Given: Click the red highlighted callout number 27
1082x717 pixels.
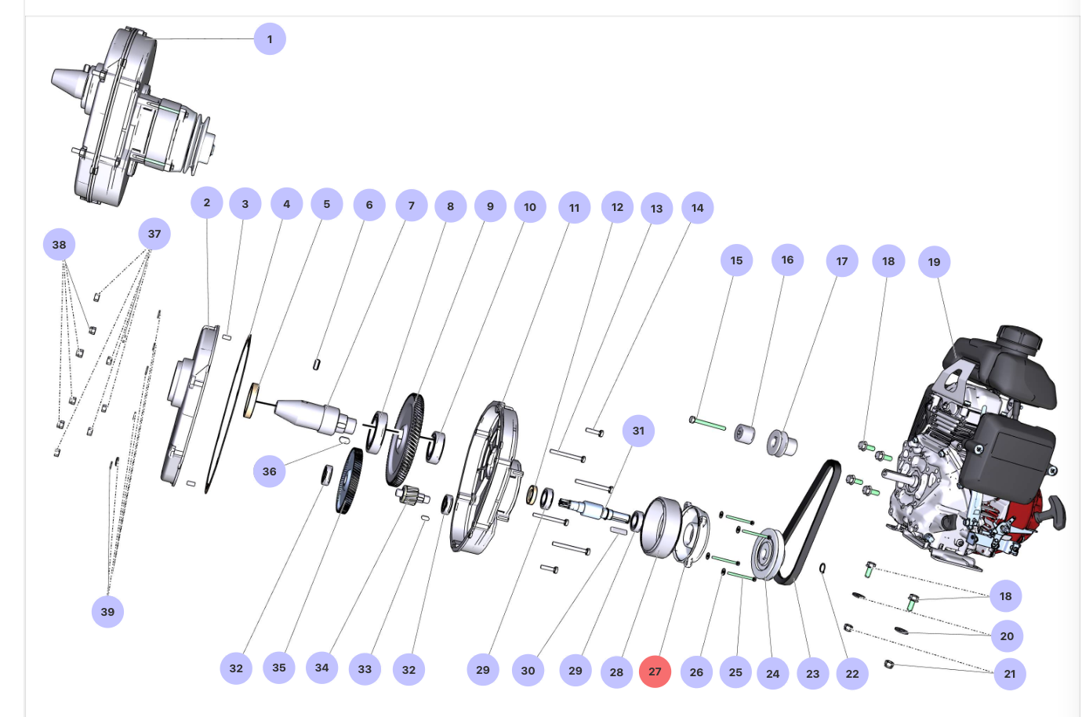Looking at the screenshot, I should click(x=655, y=672).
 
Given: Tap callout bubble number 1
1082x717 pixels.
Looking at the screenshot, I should click(x=270, y=39).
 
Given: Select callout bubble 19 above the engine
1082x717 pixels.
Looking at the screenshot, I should click(x=934, y=262).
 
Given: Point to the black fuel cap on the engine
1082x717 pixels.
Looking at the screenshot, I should click(x=1018, y=338).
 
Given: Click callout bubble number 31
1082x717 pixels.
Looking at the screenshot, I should click(x=638, y=431).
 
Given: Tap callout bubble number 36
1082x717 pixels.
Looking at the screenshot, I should click(x=269, y=471).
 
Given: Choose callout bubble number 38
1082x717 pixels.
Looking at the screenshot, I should click(x=59, y=245).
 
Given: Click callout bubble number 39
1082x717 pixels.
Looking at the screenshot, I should click(x=107, y=612).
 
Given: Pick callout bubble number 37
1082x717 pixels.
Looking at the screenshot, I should click(x=154, y=234).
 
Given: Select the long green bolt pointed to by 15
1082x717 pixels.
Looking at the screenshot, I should click(x=710, y=424).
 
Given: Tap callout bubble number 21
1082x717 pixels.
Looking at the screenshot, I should click(x=1009, y=674).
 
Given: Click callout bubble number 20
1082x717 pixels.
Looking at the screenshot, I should click(x=1007, y=636).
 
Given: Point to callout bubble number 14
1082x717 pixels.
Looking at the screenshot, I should click(x=697, y=208).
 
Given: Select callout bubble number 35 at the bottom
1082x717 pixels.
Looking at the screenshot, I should click(x=279, y=668).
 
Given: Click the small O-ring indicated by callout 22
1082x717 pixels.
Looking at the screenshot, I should click(x=823, y=568).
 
